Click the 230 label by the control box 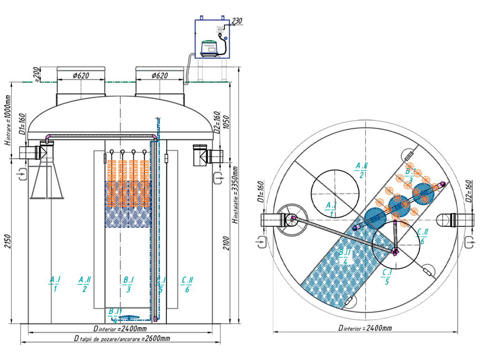pos(237,20)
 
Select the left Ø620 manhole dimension pos(81,75)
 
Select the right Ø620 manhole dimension pos(160,75)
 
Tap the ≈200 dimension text pos(37,74)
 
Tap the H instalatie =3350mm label pos(237,197)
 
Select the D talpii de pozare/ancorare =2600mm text pos(122,338)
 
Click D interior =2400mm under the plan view pos(365,328)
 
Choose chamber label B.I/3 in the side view pos(128,284)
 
